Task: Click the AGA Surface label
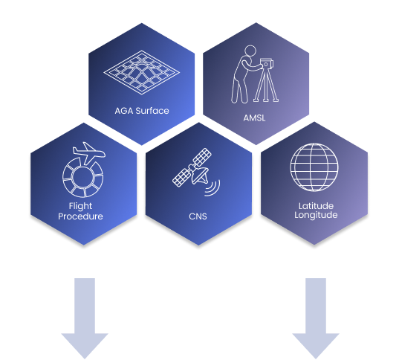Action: (142, 111)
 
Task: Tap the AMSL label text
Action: (254, 118)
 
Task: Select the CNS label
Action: (198, 216)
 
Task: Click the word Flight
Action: (80, 206)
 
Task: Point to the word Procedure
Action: (80, 216)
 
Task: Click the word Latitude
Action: (316, 205)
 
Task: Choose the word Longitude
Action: (316, 215)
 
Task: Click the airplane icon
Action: (89, 153)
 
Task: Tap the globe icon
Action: (314, 167)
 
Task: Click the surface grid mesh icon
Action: (141, 73)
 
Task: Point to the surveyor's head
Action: (250, 51)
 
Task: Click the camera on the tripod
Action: (267, 64)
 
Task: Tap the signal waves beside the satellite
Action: (213, 188)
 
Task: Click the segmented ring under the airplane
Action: (82, 177)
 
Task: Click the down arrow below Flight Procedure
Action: (85, 318)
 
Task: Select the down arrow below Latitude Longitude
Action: (316, 318)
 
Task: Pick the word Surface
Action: (152, 111)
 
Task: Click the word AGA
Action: (124, 111)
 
